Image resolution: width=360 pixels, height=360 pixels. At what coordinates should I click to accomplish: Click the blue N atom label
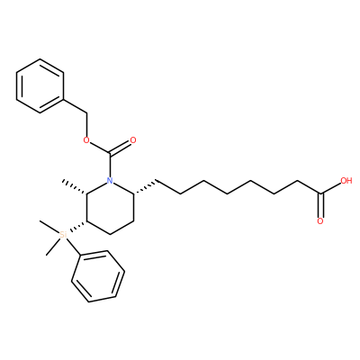click(110, 181)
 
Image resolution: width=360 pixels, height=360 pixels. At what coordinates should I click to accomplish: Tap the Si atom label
click(63, 234)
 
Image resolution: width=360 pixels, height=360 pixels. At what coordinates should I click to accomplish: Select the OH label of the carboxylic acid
click(346, 181)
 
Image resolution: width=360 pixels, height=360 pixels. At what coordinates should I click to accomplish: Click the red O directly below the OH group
click(320, 221)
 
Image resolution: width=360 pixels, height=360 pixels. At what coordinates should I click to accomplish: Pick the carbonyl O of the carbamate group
click(133, 140)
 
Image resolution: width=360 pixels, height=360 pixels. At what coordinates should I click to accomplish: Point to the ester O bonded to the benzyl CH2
click(86, 140)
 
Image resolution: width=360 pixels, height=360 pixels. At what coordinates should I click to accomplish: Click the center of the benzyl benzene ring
click(40, 85)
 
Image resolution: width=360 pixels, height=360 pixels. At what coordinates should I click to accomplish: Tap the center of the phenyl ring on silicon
click(98, 276)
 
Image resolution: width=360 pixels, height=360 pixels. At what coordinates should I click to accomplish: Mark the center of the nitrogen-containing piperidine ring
click(110, 208)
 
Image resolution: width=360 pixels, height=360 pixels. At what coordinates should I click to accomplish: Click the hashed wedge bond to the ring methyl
click(75, 187)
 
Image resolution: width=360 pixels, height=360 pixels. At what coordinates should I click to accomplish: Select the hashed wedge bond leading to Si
click(76, 227)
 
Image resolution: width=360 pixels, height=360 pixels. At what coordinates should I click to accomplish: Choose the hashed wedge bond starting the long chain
click(146, 187)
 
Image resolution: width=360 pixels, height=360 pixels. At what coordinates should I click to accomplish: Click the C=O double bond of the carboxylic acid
click(320, 205)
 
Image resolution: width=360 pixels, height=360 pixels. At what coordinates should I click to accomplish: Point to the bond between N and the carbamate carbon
click(110, 166)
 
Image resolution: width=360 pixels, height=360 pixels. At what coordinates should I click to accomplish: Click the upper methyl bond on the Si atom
click(49, 227)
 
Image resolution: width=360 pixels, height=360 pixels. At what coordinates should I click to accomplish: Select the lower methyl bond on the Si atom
click(53, 247)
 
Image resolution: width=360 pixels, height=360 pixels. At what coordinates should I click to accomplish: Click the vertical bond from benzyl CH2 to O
click(86, 124)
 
